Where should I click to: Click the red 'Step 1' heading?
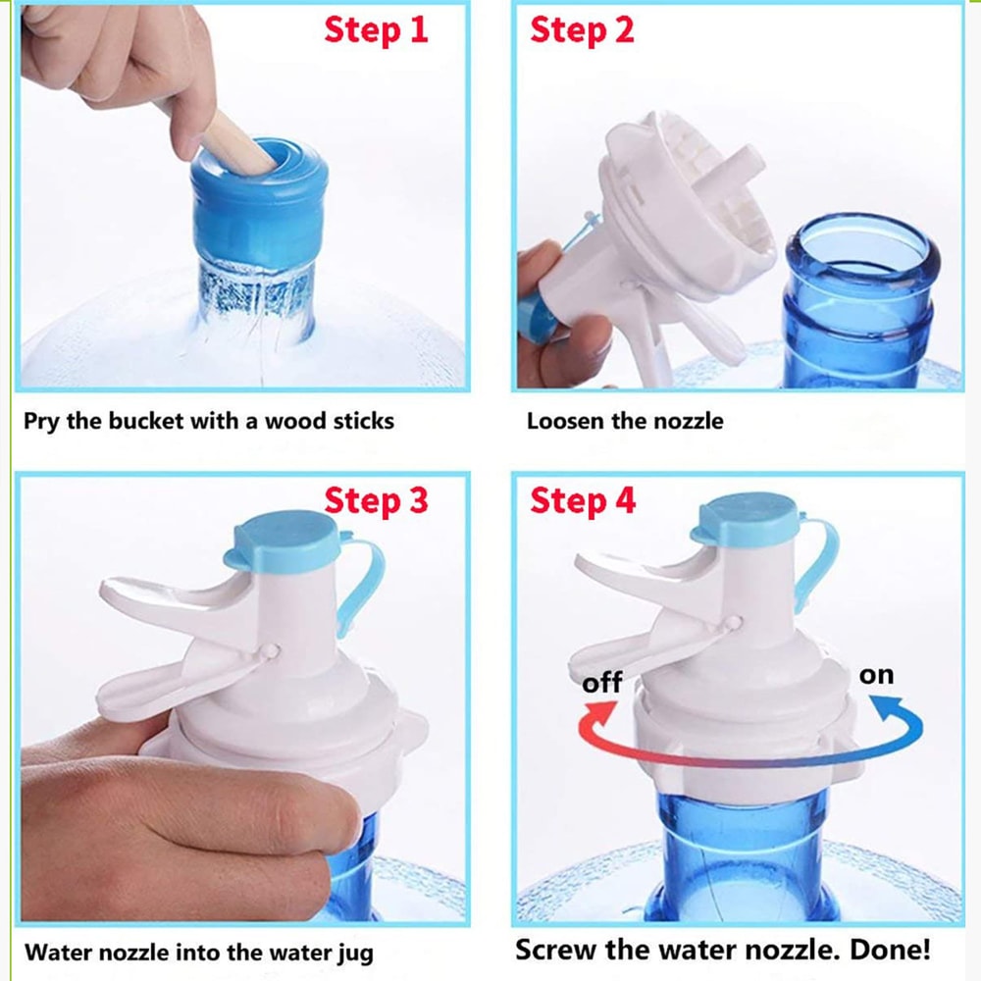377,29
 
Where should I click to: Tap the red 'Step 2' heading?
582,29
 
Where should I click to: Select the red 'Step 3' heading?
377,500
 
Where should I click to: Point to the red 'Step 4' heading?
583,500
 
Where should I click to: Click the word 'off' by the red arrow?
601,682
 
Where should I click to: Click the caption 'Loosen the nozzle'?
625,422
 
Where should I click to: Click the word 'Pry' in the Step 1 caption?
40,422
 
